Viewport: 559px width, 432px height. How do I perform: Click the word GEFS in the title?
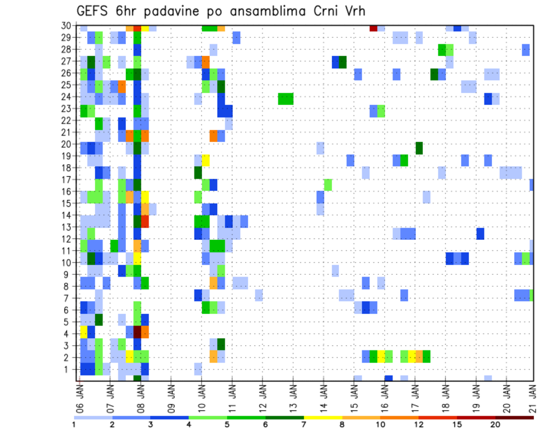[94, 11]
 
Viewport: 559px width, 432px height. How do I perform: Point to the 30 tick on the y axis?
[68, 26]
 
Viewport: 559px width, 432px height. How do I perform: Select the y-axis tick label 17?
[68, 180]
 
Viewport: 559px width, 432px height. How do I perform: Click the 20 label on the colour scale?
[495, 424]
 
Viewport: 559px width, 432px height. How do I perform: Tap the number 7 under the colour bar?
[303, 424]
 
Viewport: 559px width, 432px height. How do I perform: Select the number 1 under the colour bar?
[74, 424]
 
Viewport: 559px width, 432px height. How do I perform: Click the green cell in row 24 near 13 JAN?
[285, 98]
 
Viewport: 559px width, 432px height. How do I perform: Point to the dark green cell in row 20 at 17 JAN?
[419, 148]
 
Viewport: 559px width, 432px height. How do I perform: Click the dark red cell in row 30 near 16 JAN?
[373, 28]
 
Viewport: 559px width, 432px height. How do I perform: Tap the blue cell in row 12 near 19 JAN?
[480, 233]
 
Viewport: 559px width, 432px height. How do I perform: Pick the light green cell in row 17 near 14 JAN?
[328, 185]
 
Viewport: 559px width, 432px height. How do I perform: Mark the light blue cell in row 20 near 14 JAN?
[320, 148]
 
